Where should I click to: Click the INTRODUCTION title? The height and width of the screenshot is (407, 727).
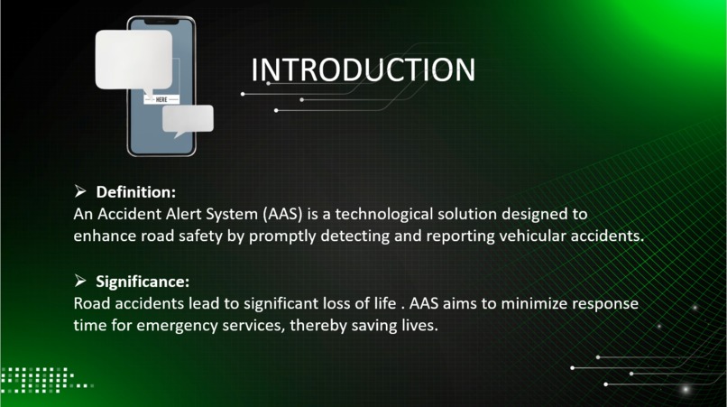click(362, 69)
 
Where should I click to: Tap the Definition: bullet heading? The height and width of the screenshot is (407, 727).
click(135, 192)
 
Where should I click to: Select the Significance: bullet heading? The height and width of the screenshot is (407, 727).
click(143, 281)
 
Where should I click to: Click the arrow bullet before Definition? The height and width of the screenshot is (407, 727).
click(80, 192)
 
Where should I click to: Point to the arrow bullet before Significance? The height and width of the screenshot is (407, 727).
click(80, 281)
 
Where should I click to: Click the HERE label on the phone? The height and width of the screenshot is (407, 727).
click(162, 98)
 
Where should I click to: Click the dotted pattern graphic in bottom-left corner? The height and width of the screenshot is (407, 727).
click(41, 379)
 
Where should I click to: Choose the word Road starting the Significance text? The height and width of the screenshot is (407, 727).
click(91, 303)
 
